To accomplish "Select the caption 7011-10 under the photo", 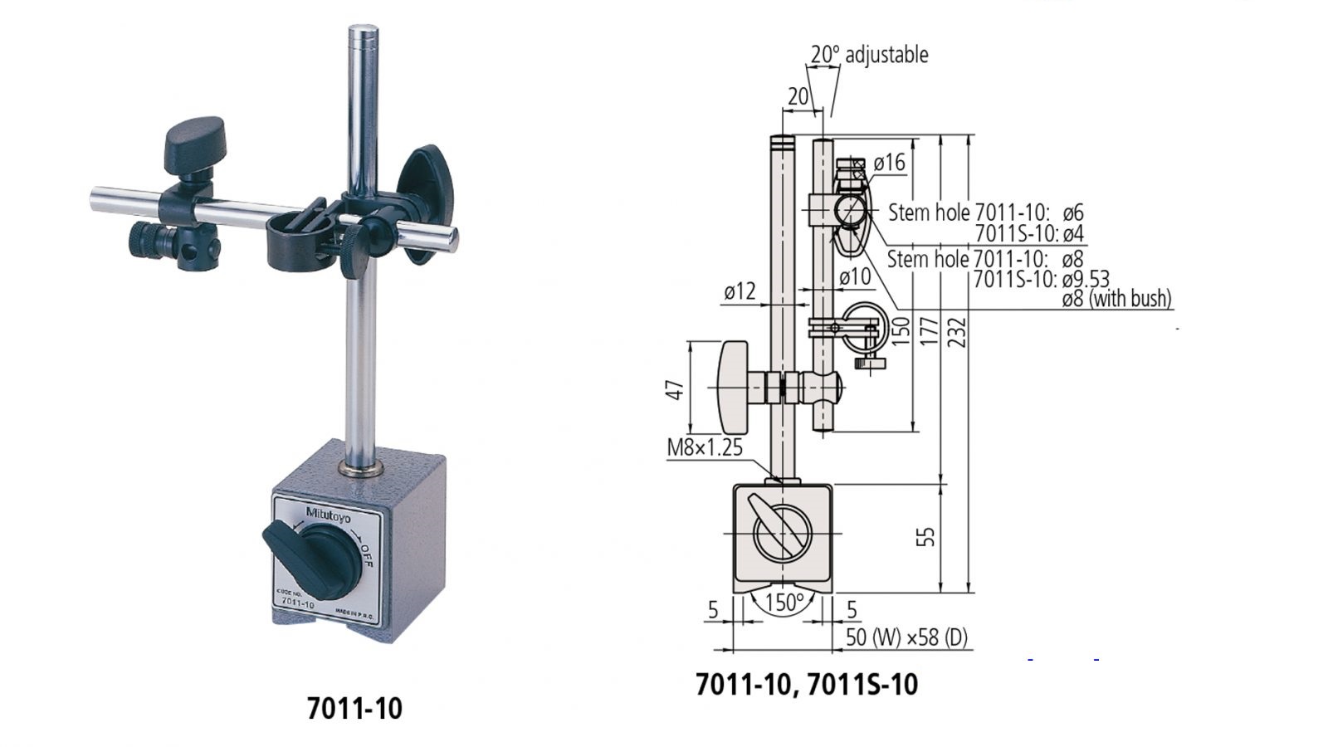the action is (354, 708).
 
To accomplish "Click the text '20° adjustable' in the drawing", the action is (869, 55).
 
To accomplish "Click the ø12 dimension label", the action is (740, 291).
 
